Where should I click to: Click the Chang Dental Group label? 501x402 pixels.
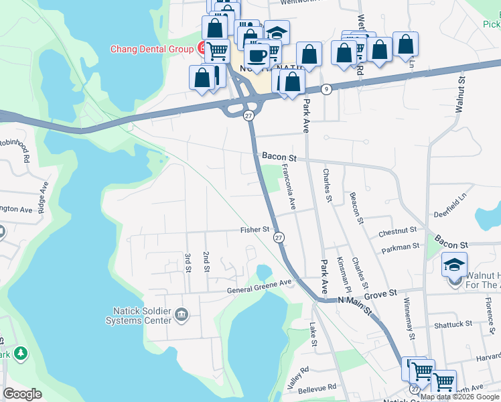(152, 50)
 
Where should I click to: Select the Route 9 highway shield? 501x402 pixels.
(326, 89)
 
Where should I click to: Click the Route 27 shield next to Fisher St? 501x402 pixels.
(279, 237)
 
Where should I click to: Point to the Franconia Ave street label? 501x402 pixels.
(289, 188)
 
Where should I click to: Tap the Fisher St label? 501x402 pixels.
(255, 230)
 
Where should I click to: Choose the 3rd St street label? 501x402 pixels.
(188, 263)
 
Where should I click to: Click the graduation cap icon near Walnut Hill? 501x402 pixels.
(454, 263)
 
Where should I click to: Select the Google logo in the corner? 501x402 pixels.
(23, 394)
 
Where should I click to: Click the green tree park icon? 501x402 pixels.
(21, 352)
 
